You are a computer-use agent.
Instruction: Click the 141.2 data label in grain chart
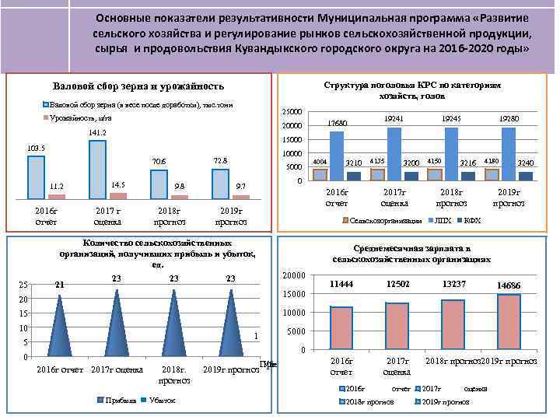tap(97, 133)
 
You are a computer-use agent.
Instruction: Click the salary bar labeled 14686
tap(509, 321)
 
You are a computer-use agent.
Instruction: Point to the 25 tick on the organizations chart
tap(23, 285)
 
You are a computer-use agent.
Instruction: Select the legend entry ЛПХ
tap(440, 221)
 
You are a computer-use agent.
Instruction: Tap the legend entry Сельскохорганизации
tap(383, 221)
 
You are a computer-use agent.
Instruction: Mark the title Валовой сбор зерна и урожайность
tap(138, 86)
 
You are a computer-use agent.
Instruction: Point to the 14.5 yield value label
tap(118, 184)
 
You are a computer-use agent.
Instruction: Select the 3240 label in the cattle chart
tap(525, 163)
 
